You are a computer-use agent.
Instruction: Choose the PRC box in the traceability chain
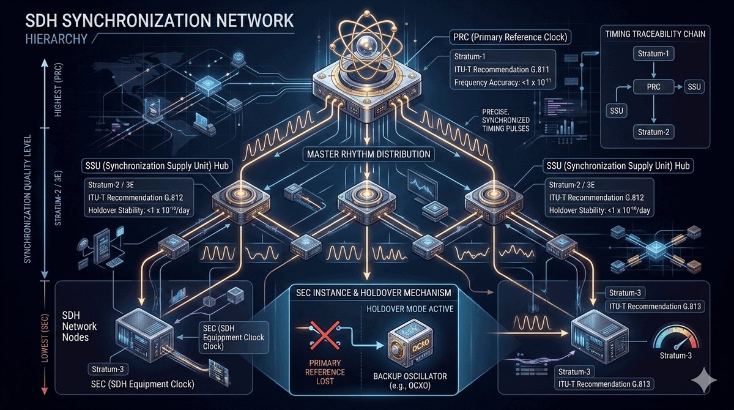(653, 88)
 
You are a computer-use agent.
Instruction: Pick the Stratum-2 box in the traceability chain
(653, 132)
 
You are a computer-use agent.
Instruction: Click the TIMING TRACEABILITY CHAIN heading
(654, 34)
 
